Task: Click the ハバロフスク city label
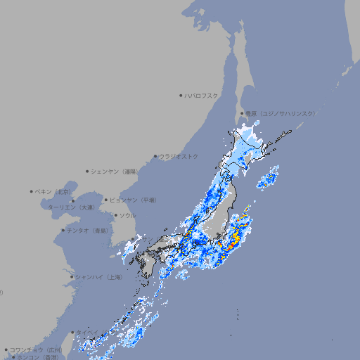(202, 95)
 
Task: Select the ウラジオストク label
(179, 156)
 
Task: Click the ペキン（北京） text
(54, 191)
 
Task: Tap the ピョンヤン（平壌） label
(133, 200)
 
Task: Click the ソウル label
(127, 215)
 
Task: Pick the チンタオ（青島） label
(88, 230)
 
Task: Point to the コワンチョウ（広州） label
(36, 349)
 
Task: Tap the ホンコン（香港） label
(37, 357)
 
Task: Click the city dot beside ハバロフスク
(181, 95)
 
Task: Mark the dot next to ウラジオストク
(155, 156)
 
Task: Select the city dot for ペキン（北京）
(32, 191)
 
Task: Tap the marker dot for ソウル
(115, 215)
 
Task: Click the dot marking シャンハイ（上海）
(72, 277)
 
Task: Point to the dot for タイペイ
(72, 333)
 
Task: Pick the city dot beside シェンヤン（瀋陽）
(88, 171)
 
